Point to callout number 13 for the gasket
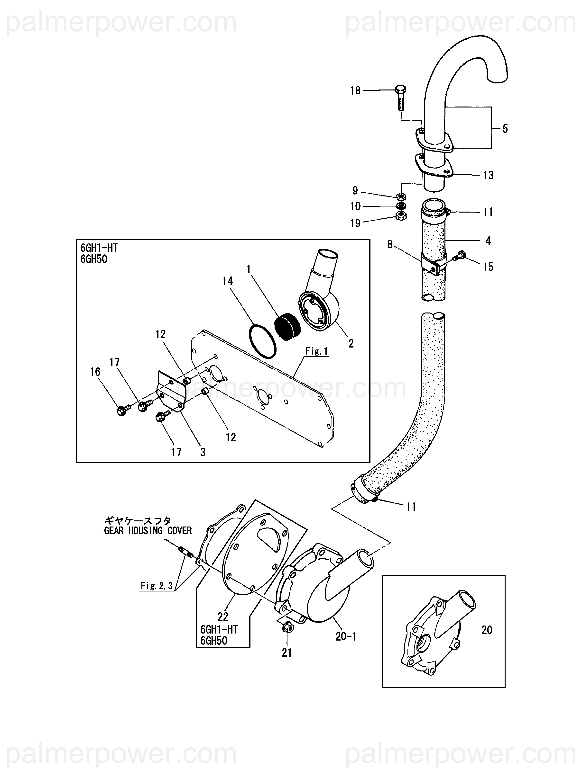coord(488,175)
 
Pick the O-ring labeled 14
coord(263,341)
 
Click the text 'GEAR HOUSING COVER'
coord(148,530)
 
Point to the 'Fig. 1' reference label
coord(316,351)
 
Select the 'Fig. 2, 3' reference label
coord(156,586)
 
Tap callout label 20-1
coord(346,636)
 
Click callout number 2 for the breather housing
coord(351,343)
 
